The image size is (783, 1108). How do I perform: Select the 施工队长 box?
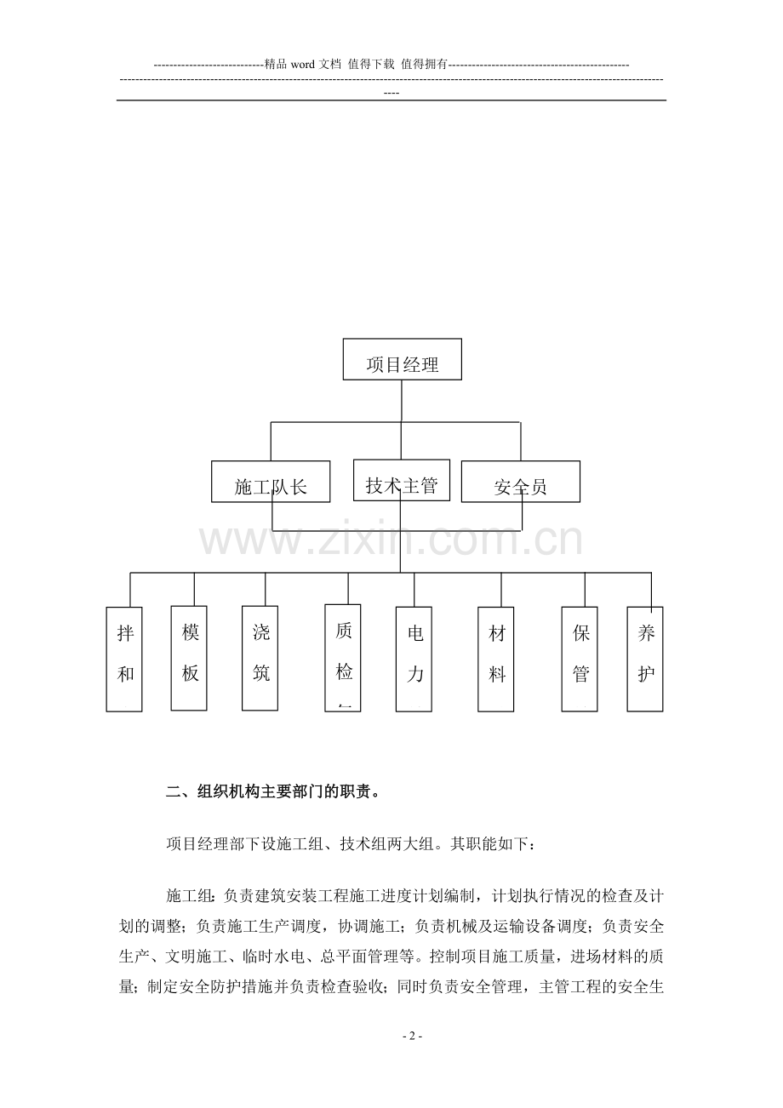click(271, 483)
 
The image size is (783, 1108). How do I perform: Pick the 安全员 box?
click(520, 482)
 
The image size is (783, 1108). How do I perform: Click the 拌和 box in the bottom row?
click(124, 659)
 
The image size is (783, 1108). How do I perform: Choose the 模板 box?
click(190, 658)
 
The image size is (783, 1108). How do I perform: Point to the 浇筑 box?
click(260, 658)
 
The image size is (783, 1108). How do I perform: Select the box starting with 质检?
click(343, 657)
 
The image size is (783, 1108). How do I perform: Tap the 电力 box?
click(414, 659)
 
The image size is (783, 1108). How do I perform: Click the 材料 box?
click(496, 659)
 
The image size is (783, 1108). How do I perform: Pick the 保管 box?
click(580, 659)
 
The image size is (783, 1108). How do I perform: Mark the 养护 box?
click(645, 659)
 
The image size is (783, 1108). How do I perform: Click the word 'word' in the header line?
click(304, 64)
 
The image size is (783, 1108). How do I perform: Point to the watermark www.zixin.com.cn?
click(391, 541)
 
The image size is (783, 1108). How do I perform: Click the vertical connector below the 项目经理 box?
click(401, 401)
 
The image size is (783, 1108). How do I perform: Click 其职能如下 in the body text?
click(489, 844)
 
